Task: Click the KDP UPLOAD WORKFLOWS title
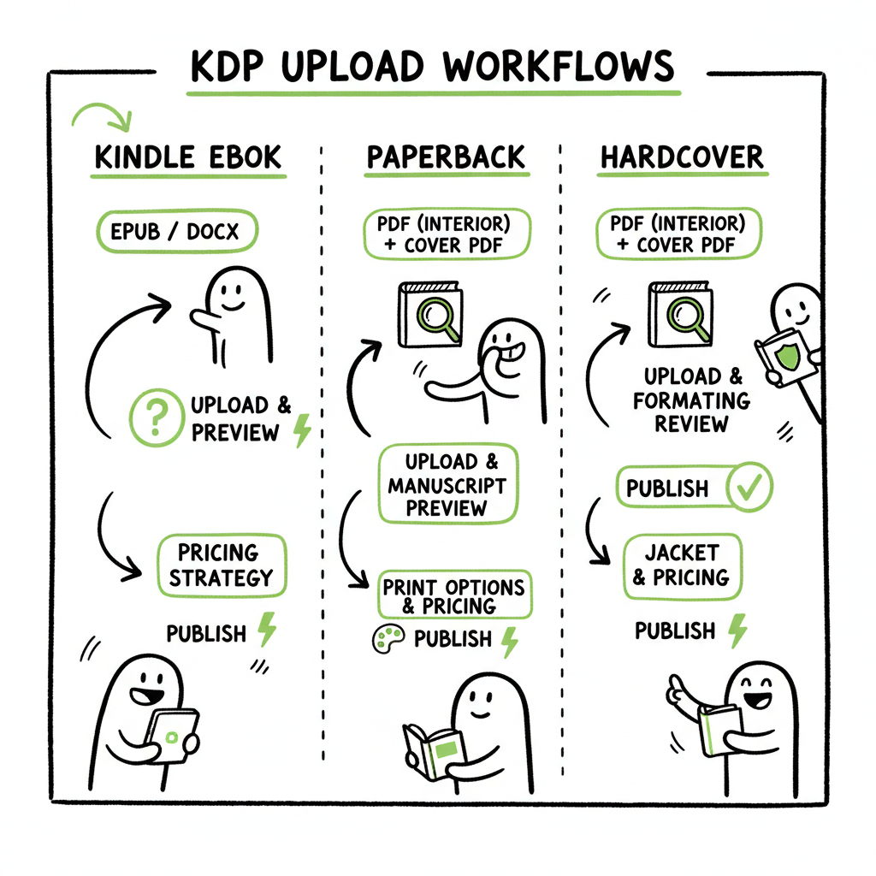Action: point(432,66)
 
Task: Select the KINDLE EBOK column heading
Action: point(188,158)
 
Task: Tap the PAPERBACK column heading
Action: point(447,158)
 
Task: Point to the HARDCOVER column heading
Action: point(682,158)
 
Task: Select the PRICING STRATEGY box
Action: point(222,565)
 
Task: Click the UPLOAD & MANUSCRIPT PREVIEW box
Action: point(447,485)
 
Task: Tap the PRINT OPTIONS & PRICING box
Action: point(452,596)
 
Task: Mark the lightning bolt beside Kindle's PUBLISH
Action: point(267,631)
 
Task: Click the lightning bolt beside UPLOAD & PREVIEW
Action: point(301,430)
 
